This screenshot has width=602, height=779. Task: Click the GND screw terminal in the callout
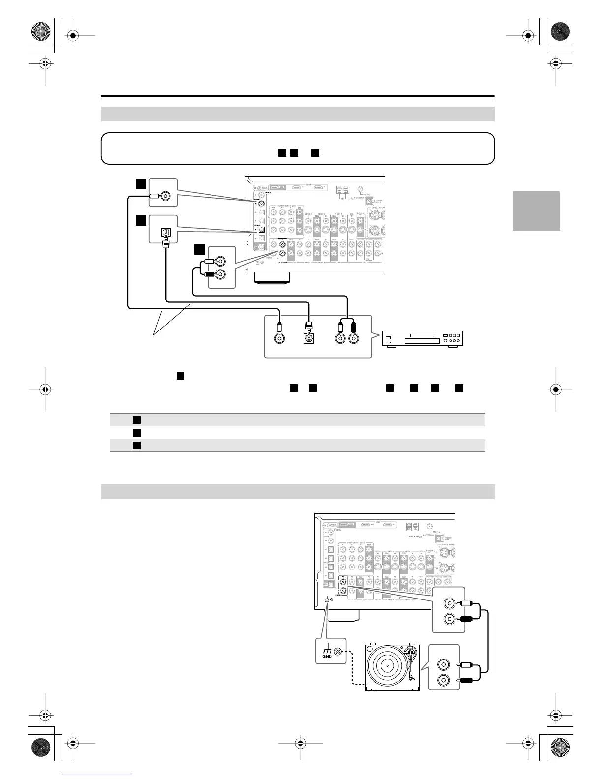pos(338,652)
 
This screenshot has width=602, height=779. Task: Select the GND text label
pos(327,656)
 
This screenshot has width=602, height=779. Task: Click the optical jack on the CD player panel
pos(309,338)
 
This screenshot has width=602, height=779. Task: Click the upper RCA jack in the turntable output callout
pos(444,664)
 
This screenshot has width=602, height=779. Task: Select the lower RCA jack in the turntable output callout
pos(444,681)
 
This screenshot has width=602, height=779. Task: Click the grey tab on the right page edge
pos(536,210)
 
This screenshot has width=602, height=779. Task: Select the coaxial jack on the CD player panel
pos(279,338)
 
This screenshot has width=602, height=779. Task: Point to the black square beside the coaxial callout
pos(141,184)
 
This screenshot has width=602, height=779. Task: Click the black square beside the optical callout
pos(141,219)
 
